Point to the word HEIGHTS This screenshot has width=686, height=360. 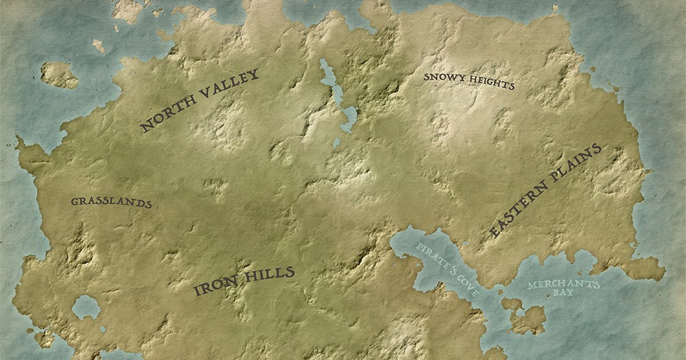pos(492,82)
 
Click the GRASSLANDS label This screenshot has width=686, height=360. pos(110,203)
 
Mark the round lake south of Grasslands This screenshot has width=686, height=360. pos(86,307)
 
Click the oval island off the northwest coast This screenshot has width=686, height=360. pos(59,75)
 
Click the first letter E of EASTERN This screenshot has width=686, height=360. pos(495,233)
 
